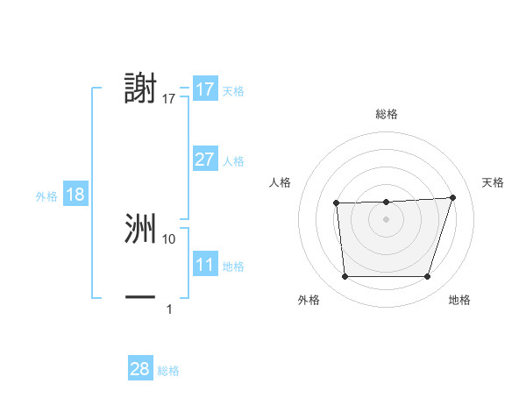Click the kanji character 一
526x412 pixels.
(x=140, y=298)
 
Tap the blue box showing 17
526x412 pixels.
(x=204, y=89)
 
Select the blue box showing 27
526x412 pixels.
(x=204, y=160)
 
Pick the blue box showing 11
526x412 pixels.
(x=204, y=265)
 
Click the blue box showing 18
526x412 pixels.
(x=75, y=195)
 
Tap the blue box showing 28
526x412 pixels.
(x=139, y=369)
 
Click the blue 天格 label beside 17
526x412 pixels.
(x=233, y=91)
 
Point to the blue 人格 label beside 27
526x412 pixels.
(x=233, y=161)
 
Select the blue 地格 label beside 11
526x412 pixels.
(x=233, y=266)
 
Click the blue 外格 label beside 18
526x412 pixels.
(x=46, y=196)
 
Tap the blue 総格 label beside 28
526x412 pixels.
(x=168, y=371)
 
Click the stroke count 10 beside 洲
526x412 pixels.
(x=169, y=238)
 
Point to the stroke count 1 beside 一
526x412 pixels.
(x=169, y=309)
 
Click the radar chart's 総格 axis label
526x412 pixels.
(x=387, y=114)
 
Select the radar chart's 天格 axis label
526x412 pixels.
(x=494, y=182)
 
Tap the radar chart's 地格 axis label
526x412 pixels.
(x=459, y=300)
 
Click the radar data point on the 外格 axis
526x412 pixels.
(x=345, y=277)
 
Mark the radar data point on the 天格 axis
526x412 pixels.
(x=452, y=197)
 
